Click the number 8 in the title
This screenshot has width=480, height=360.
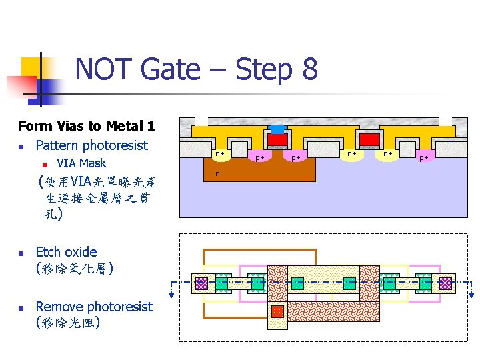(x=309, y=69)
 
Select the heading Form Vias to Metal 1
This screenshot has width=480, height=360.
(x=86, y=125)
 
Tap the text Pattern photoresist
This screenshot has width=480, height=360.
(x=91, y=145)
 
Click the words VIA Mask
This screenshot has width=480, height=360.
(x=81, y=163)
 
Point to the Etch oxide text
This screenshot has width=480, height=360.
(x=66, y=252)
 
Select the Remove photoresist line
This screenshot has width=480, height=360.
(x=94, y=307)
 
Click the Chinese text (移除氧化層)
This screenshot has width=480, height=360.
(x=74, y=269)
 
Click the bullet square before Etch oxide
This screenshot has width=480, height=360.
(x=21, y=253)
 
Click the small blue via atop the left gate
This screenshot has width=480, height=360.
(x=277, y=129)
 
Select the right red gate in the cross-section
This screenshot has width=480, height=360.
(x=369, y=139)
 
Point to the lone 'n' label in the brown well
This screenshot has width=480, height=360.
(x=217, y=175)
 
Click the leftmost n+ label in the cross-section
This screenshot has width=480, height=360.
(x=219, y=154)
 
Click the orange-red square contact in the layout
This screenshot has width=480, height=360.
(x=277, y=311)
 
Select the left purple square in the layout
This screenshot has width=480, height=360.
(x=201, y=283)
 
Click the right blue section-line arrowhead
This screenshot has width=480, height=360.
(x=473, y=293)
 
